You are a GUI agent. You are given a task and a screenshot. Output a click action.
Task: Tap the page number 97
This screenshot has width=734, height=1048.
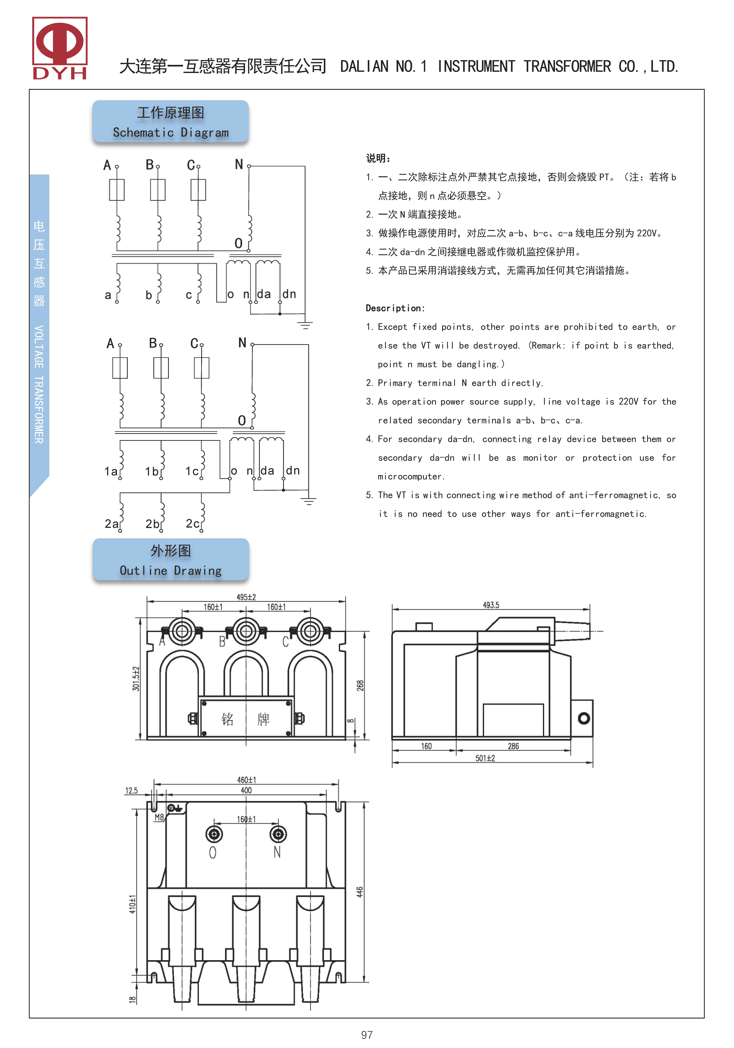367,1035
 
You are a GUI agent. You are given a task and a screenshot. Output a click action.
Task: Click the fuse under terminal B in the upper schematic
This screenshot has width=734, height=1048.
157,190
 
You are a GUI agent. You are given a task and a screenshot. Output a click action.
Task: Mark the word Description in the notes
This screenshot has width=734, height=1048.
395,308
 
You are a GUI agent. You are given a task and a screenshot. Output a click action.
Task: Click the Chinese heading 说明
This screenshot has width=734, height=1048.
378,158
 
